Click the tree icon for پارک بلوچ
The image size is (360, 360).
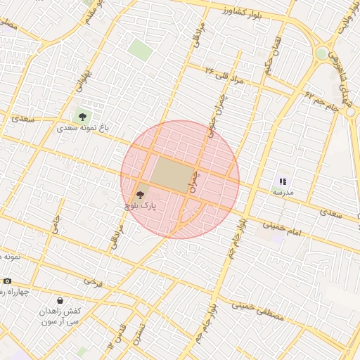tap(139, 194)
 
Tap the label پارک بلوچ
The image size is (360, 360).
tap(139, 206)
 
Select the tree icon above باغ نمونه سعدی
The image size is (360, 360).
tap(83, 117)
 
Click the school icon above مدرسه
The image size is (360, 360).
tap(283, 181)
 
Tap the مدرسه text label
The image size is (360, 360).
tap(283, 192)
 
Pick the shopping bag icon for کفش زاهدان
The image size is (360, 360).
tap(59, 300)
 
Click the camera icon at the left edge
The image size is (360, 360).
tap(7, 281)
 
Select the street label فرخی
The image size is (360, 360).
tap(93, 281)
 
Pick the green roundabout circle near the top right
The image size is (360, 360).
tap(321, 53)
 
